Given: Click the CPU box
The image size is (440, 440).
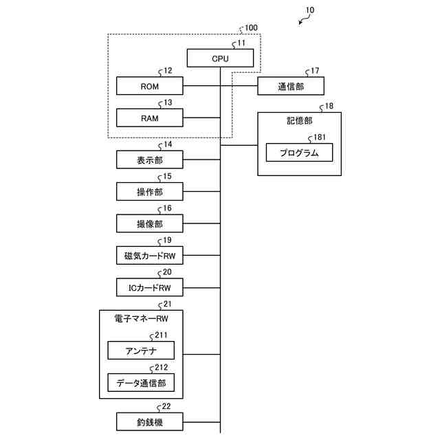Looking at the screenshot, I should pos(220,59).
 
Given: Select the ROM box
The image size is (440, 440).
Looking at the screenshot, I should pos(150,86).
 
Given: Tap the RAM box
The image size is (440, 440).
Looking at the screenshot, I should pos(150,118).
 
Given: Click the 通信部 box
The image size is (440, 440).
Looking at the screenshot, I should pos(291,86).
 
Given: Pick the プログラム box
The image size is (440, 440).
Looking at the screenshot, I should pos(299,153).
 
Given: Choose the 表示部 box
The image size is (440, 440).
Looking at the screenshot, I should pos(150,160).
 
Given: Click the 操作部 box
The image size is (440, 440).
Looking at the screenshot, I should pos(150,192).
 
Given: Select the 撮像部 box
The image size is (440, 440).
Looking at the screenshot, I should pos(150,223).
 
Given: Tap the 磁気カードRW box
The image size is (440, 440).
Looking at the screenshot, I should pos(150,256).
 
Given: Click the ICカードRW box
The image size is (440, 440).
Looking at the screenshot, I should pos(150,287).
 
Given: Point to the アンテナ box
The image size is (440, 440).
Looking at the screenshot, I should pos(141,351).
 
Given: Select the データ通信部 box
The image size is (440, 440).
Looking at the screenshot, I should pos(141,382).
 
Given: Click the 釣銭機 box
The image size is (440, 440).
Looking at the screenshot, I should pos(150,421).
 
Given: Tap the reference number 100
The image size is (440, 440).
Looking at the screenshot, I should pos(251,28).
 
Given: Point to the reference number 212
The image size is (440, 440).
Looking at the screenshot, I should pos(161,367).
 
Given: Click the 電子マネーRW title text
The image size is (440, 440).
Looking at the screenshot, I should pos(141,319).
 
